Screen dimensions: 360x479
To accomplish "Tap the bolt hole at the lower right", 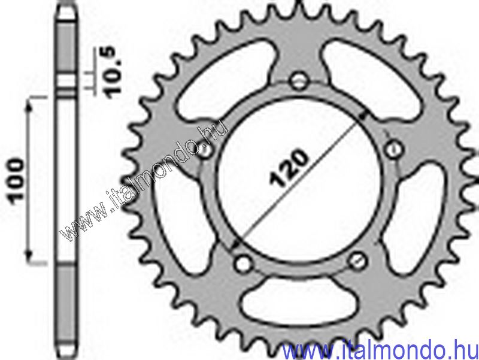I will coord(357,259).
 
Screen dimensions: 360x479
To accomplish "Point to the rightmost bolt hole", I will coord(393,147).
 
